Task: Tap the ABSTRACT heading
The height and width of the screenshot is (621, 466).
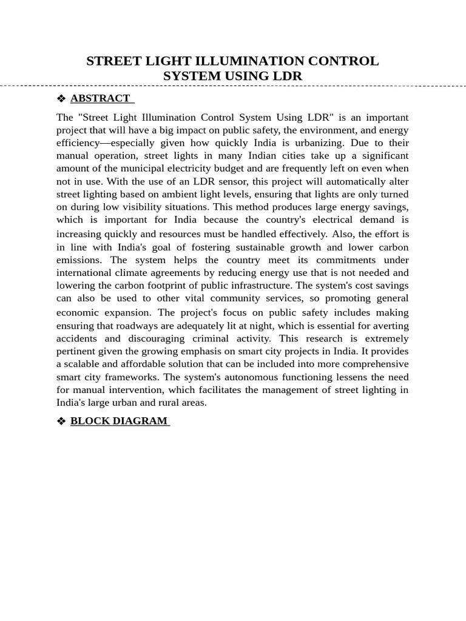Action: click(100, 98)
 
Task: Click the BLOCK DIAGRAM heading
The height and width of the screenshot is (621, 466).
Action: click(119, 421)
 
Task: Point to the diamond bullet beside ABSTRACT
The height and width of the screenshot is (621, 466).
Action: click(61, 98)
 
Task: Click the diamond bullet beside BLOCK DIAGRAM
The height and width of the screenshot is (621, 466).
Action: click(61, 421)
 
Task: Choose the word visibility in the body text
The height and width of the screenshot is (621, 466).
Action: click(145, 207)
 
